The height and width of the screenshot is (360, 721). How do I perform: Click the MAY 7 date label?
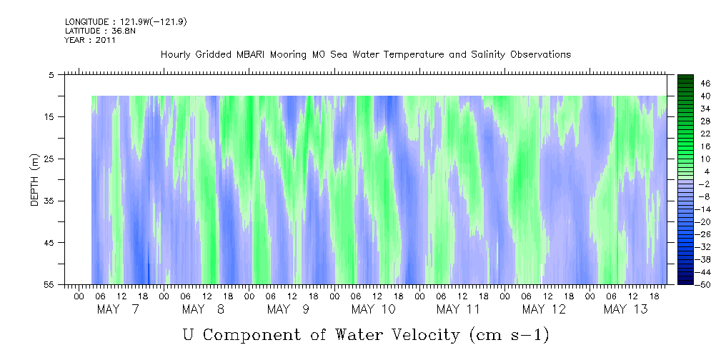tap(118, 309)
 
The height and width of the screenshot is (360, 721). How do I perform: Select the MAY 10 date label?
tap(373, 309)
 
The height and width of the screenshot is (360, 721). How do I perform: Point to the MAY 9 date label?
tap(288, 309)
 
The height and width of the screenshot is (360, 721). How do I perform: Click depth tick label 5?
tap(51, 74)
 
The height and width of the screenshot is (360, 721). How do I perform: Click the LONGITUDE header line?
tap(126, 22)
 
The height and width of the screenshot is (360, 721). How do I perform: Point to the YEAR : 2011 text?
tap(90, 41)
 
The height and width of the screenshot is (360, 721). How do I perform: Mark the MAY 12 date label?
tap(544, 309)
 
